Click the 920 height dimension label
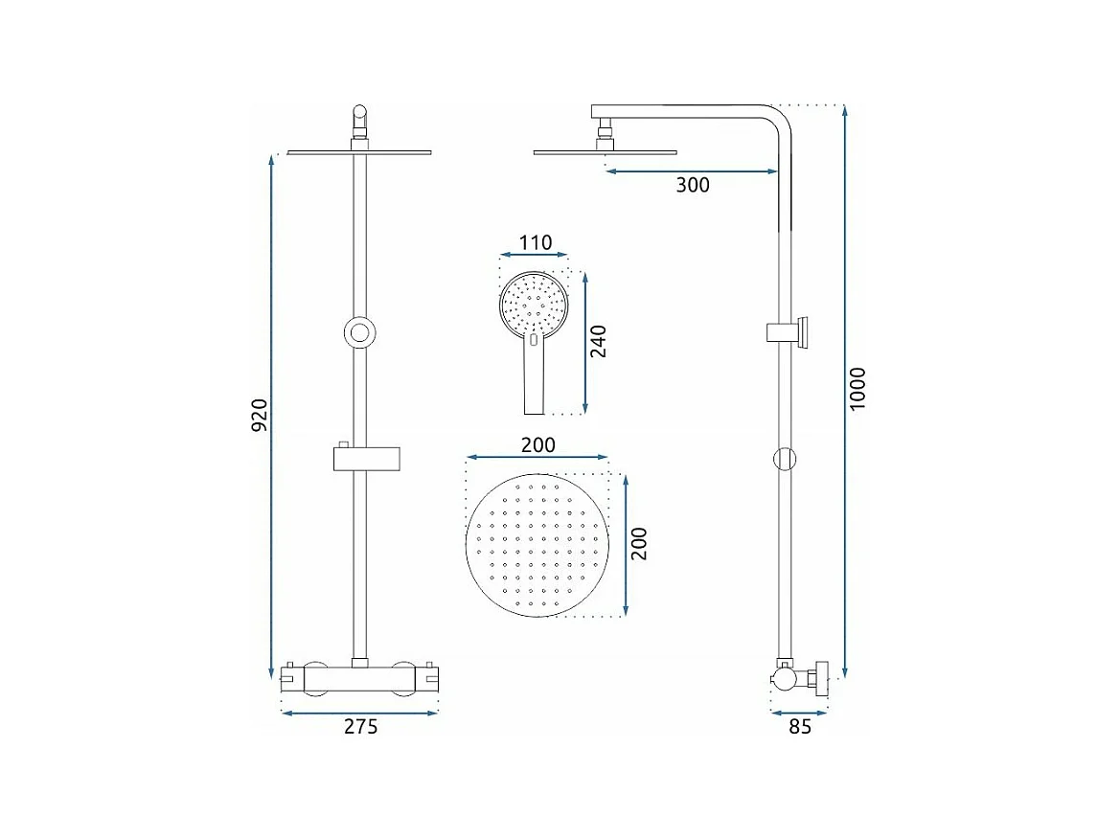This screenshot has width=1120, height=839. click(260, 415)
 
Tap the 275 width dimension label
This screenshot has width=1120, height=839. click(360, 727)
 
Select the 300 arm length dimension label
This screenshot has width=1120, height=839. click(693, 185)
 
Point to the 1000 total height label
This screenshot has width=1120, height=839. click(857, 389)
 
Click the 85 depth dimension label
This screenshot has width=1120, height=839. click(800, 727)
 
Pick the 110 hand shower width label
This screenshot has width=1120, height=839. click(535, 242)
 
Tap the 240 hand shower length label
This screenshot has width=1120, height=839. click(598, 341)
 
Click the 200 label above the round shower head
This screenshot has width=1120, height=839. click(537, 444)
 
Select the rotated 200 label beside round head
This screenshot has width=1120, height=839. click(639, 543)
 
